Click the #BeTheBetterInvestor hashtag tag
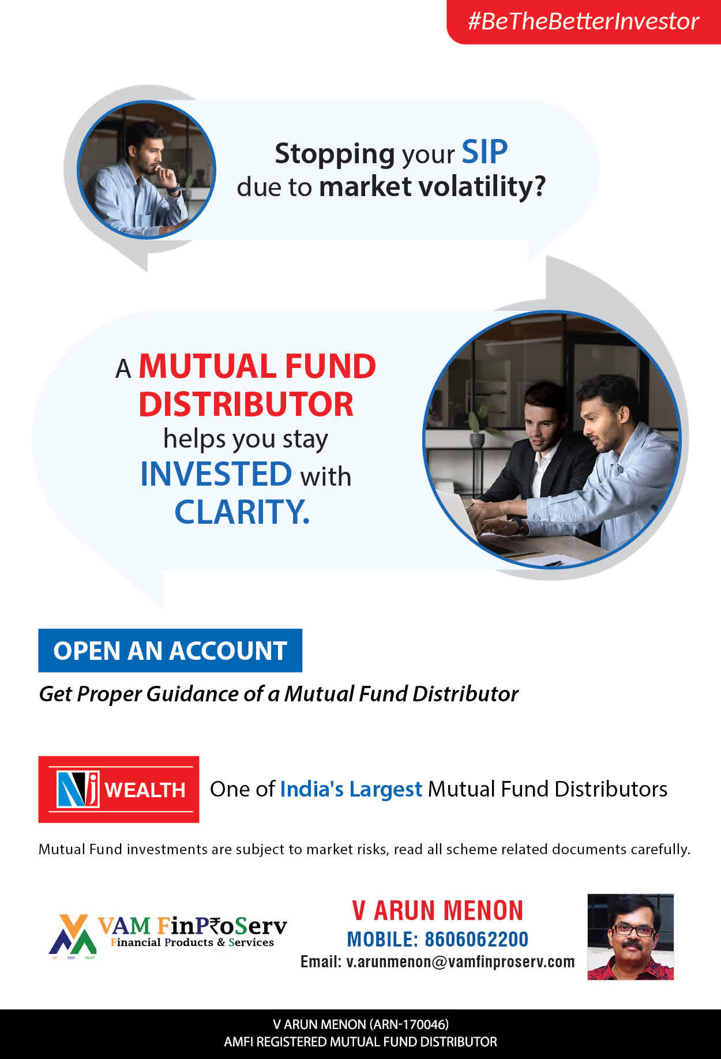[584, 22]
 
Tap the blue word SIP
[485, 152]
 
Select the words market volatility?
[432, 187]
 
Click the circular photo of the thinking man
[147, 170]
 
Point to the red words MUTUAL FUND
[257, 366]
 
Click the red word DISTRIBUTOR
[246, 404]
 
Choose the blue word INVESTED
[216, 474]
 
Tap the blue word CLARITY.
[242, 512]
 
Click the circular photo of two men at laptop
[552, 440]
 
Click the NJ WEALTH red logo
[119, 789]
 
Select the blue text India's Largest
[351, 789]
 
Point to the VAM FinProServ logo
[168, 936]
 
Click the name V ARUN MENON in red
[438, 911]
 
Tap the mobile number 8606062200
[476, 939]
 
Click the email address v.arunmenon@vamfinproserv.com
[460, 962]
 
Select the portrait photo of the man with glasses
[630, 937]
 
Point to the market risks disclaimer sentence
[365, 849]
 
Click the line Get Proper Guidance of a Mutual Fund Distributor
[279, 694]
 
